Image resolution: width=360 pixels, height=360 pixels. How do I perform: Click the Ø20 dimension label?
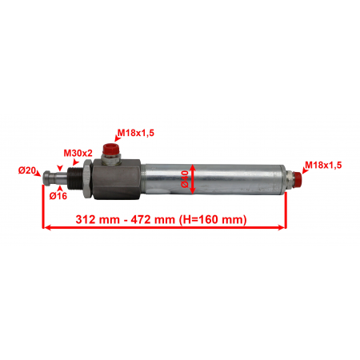(x=26, y=170)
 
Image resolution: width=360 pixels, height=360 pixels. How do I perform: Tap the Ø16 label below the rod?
(x=58, y=196)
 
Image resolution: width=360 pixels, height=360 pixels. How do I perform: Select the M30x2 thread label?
(x=78, y=153)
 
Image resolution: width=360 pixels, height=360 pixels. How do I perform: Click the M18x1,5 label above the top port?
(x=136, y=133)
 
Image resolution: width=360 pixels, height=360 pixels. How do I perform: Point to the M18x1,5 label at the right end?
(x=323, y=165)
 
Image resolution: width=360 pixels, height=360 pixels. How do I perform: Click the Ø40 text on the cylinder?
(x=185, y=179)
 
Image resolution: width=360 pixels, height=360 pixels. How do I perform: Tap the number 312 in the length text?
(x=86, y=219)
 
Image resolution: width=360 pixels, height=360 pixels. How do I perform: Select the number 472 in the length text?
(x=141, y=219)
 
